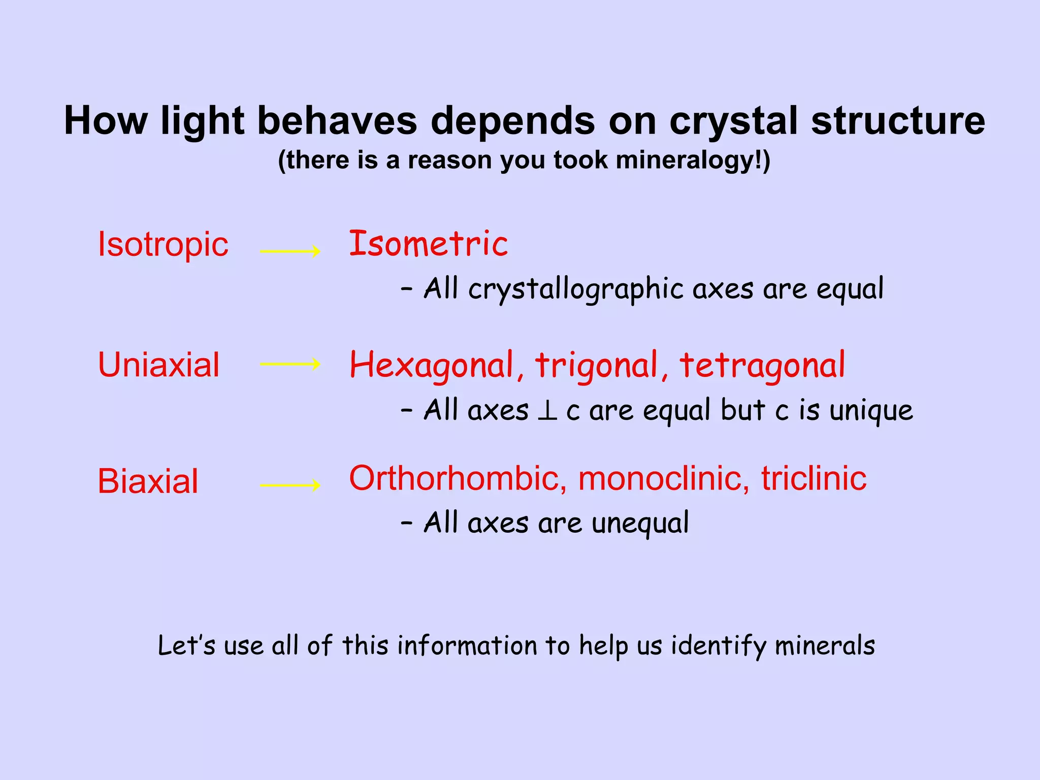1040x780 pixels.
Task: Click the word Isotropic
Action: pyautogui.click(x=162, y=245)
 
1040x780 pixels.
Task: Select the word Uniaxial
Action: pyautogui.click(x=158, y=365)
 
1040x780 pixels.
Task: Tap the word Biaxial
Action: pyautogui.click(x=148, y=481)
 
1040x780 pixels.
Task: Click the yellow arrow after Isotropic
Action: pyautogui.click(x=290, y=251)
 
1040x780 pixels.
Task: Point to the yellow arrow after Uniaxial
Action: pyautogui.click(x=290, y=364)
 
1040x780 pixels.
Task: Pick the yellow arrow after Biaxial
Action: pyautogui.click(x=290, y=485)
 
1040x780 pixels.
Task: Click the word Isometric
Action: pyautogui.click(x=428, y=244)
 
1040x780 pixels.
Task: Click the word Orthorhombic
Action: pyautogui.click(x=458, y=478)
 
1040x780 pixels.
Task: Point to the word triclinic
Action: pyautogui.click(x=814, y=478)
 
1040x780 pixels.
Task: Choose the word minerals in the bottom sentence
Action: pyautogui.click(x=825, y=646)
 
